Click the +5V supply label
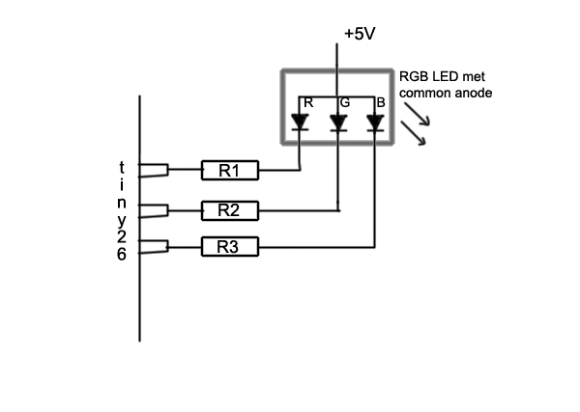click(x=359, y=34)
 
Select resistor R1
click(x=229, y=171)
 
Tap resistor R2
click(x=229, y=209)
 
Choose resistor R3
click(x=229, y=247)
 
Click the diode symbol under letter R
click(x=300, y=124)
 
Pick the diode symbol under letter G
click(x=337, y=124)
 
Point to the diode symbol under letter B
click(x=374, y=124)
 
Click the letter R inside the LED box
click(x=308, y=101)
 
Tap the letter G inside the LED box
click(x=344, y=101)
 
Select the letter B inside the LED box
click(x=381, y=101)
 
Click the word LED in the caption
click(x=446, y=77)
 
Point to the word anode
click(x=471, y=94)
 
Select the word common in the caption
click(x=423, y=94)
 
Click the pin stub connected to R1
click(x=155, y=171)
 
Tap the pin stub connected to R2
click(x=155, y=209)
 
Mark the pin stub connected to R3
click(x=155, y=247)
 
